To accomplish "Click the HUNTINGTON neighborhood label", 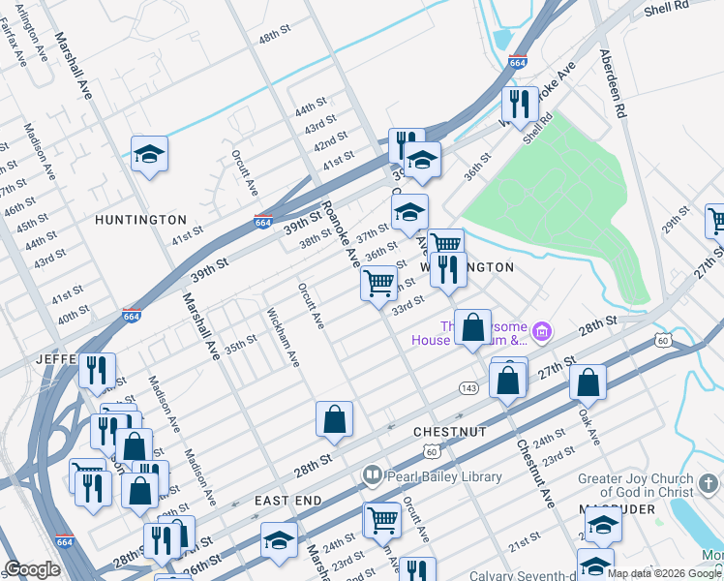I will click(140, 220).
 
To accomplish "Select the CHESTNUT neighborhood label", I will click(448, 429).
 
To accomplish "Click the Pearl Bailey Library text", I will click(444, 476).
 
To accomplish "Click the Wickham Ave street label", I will click(282, 339).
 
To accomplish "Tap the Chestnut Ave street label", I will click(535, 475).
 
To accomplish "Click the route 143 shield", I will click(468, 387).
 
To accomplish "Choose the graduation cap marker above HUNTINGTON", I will click(149, 155).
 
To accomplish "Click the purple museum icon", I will click(542, 334).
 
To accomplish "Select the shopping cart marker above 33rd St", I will click(378, 284).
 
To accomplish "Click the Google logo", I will click(32, 569).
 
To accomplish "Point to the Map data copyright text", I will click(665, 573).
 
